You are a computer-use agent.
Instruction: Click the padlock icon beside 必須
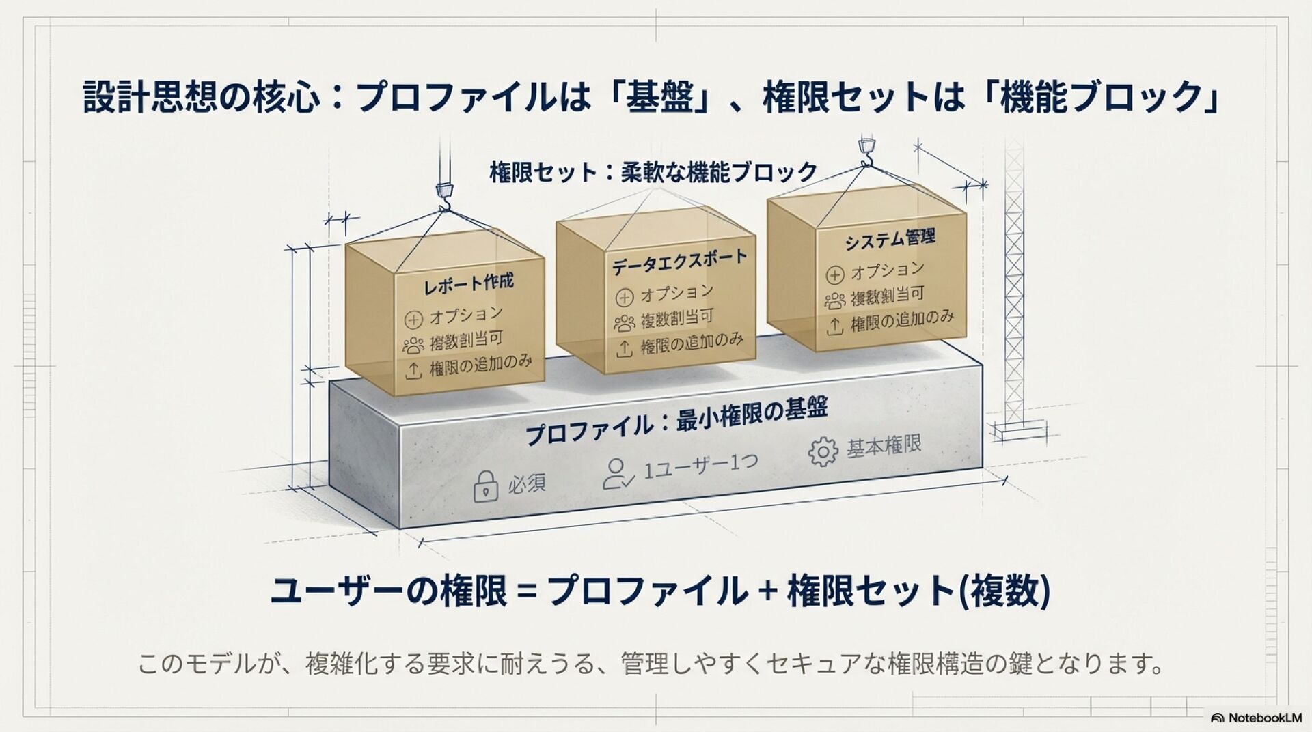point(485,486)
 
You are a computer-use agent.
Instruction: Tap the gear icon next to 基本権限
point(823,451)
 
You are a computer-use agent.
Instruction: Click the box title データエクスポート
point(679,262)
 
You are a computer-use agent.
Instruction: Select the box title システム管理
point(890,240)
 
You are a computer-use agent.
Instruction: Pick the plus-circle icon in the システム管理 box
point(835,275)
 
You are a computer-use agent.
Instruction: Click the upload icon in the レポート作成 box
point(413,371)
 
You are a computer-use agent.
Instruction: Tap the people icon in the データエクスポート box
point(624,323)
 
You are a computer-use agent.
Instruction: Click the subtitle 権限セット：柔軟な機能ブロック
point(653,171)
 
